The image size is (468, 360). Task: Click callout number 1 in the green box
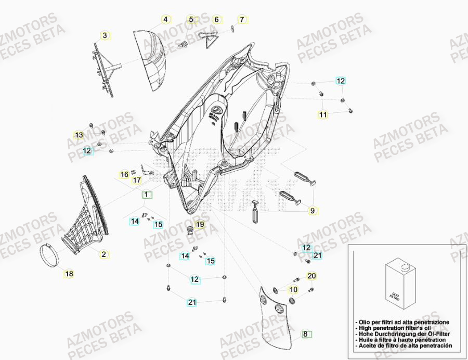(x=147, y=195)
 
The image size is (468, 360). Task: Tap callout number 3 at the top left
(x=105, y=35)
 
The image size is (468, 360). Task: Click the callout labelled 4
(x=165, y=20)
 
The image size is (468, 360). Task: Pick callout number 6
(x=216, y=20)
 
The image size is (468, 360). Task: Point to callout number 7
(x=241, y=20)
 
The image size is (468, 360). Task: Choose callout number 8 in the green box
(x=306, y=335)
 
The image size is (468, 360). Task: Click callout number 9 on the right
(x=313, y=211)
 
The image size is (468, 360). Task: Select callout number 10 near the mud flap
(x=293, y=289)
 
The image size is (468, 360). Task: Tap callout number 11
(x=323, y=114)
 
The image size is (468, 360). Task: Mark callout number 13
(x=79, y=135)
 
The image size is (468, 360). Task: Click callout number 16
(x=124, y=174)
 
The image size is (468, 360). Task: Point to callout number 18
(x=69, y=273)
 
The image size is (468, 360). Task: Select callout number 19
(x=200, y=225)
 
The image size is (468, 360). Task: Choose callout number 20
(x=311, y=275)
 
